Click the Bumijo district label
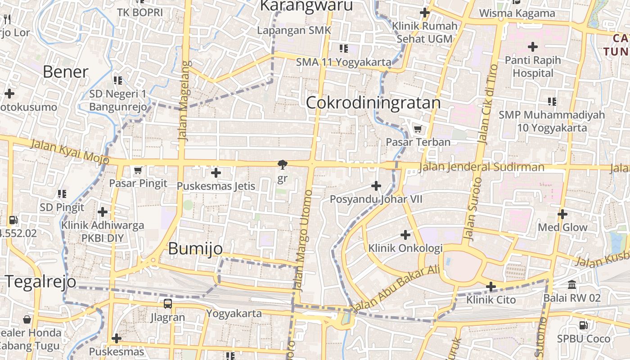(x=195, y=249)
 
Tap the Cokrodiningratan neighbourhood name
(x=373, y=103)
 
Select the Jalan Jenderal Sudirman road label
(x=481, y=167)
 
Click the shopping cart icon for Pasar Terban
(x=418, y=129)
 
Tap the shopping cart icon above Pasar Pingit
(x=138, y=170)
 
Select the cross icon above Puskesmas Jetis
(x=216, y=173)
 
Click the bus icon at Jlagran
(x=168, y=304)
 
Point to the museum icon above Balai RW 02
(x=572, y=284)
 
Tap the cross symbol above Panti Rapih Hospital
(x=533, y=46)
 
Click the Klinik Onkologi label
(x=405, y=248)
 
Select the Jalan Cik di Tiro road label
(x=487, y=104)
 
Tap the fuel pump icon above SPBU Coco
(x=583, y=325)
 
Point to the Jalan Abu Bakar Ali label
(x=396, y=288)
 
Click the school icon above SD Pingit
(x=62, y=194)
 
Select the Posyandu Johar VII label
(x=376, y=199)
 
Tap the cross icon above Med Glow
(x=562, y=214)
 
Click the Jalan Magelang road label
(x=184, y=102)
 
